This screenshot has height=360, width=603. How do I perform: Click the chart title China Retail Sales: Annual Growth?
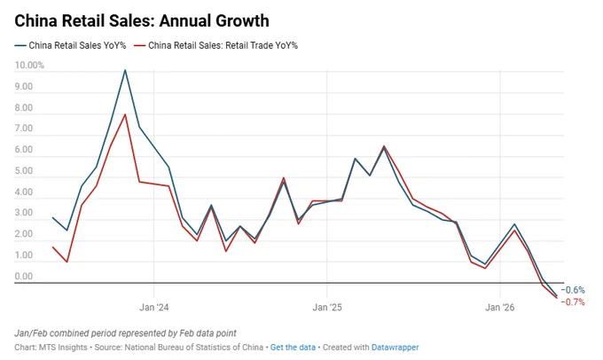pos(142,20)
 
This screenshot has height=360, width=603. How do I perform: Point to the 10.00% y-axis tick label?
pos(29,66)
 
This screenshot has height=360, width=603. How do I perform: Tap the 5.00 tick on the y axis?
pos(24,171)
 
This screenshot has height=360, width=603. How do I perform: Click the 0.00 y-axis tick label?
pos(24,276)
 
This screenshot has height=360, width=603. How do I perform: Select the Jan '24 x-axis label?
pos(153,308)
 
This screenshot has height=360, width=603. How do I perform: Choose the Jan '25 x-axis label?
pos(327,308)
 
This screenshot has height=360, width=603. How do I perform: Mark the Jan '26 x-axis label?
pos(499,308)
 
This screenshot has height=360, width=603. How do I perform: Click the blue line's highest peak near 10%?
pos(125,70)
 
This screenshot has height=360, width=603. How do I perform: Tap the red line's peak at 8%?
pos(125,114)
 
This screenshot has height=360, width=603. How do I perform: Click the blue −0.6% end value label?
pos(573,290)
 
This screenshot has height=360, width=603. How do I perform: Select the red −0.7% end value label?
pos(573,302)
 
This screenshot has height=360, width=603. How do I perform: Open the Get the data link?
pos(293,348)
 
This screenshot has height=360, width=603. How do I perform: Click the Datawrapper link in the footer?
pos(395,348)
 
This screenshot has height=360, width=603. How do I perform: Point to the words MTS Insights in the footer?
pos(63,348)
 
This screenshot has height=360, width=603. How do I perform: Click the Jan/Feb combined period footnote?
pos(125,333)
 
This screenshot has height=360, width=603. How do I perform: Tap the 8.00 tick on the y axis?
pos(24,107)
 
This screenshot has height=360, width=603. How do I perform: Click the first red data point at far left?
pos(52,247)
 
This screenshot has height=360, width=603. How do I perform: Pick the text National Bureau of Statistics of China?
pos(194,348)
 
